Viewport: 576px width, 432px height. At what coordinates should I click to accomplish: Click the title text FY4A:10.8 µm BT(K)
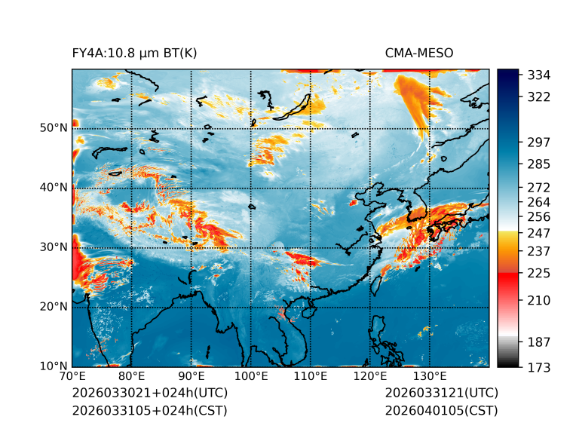click(x=134, y=53)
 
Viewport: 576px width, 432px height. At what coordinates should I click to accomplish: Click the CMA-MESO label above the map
click(x=418, y=53)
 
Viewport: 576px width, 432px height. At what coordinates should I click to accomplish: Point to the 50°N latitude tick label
click(x=54, y=127)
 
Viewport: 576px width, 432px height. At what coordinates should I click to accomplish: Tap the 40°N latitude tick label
click(x=54, y=188)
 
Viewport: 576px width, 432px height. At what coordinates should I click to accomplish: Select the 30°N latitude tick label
click(x=54, y=247)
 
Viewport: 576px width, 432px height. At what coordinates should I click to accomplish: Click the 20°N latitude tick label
click(x=54, y=307)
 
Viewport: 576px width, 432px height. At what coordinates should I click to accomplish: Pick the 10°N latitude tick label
click(x=54, y=367)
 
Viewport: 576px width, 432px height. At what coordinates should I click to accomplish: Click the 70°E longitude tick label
click(x=72, y=376)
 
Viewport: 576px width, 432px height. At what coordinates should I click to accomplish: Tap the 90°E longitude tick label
click(x=191, y=376)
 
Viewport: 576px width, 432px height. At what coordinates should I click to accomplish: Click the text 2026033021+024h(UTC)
click(x=149, y=394)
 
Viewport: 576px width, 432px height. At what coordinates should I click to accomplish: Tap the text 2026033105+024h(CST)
click(x=149, y=411)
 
